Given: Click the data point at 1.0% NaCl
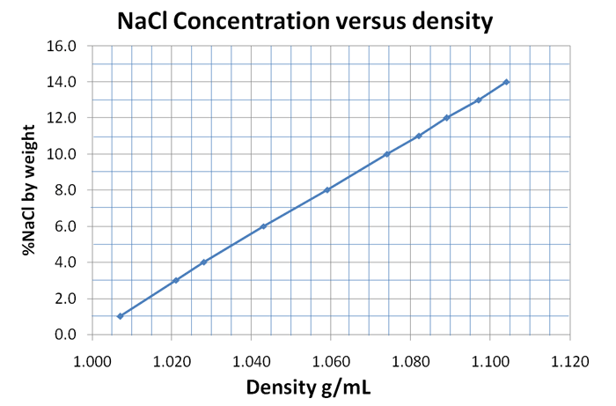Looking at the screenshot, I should (120, 316).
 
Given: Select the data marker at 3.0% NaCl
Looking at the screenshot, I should (176, 280).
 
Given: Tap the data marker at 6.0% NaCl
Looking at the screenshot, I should (263, 226).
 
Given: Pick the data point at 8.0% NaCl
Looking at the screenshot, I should (327, 190).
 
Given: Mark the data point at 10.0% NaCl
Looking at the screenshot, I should (386, 154).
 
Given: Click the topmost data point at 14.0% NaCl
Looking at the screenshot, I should (506, 82).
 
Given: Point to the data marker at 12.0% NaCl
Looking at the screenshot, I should (446, 118).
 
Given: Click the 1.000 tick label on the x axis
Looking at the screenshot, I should (92, 359).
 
